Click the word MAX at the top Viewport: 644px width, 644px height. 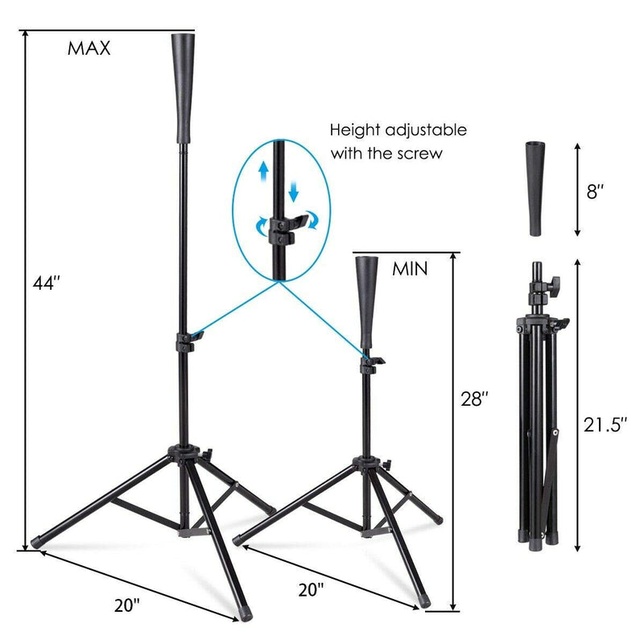pos(89,47)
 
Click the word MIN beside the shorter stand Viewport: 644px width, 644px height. pos(410,269)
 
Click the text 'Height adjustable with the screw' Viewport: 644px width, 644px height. pos(398,141)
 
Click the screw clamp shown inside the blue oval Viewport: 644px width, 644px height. pos(279,229)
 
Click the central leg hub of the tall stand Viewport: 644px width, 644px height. pos(187,456)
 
